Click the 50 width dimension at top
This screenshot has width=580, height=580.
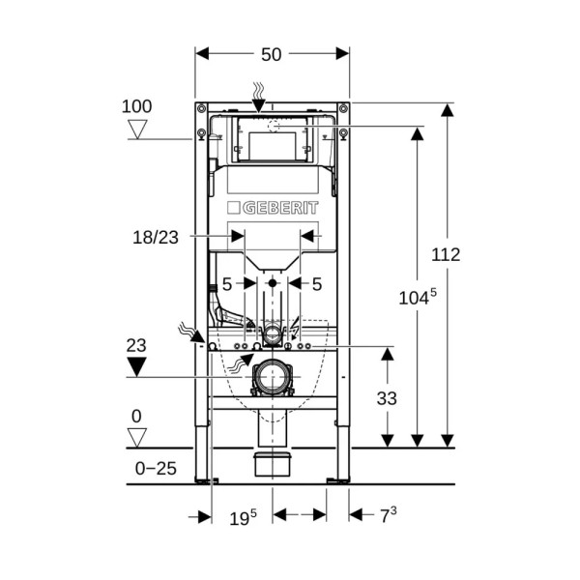coord(271,55)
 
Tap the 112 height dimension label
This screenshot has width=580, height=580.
coord(446,255)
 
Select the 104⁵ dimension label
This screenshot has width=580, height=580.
coord(418,297)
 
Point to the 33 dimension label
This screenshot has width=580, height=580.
coord(387,398)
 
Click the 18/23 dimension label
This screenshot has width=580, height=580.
coord(156,238)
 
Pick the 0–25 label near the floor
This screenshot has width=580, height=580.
coord(156,469)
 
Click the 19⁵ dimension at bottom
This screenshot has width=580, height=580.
coord(243,517)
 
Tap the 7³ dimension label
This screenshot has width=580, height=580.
coord(389,515)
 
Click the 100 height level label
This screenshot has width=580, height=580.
coord(136,106)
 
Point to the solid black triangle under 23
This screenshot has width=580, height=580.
coord(136,367)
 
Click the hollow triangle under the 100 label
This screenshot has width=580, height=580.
coord(137,130)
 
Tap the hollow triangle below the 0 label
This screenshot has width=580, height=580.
coord(137,438)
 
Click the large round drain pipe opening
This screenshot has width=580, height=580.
coord(273,377)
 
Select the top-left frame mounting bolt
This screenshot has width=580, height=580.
coord(202,108)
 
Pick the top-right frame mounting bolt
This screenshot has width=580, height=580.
coord(343,108)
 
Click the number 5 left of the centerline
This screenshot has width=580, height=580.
coord(227,284)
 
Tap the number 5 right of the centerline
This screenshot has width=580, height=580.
coord(317,284)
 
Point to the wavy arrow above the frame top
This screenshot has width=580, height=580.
coord(258,98)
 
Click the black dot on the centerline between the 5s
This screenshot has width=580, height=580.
coord(273,283)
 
